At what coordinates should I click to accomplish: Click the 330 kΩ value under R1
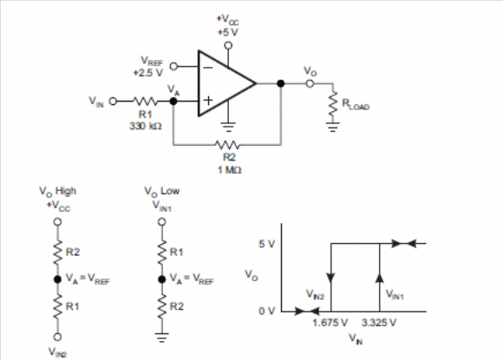click(146, 126)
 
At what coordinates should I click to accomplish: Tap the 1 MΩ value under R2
click(229, 170)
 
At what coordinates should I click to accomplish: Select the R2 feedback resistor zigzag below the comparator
click(227, 145)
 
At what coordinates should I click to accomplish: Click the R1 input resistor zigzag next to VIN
click(146, 101)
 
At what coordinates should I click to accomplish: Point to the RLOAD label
click(356, 104)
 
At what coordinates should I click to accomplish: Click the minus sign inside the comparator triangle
click(208, 68)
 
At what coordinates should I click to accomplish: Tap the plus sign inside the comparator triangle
click(208, 101)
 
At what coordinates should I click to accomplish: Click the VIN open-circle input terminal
click(113, 101)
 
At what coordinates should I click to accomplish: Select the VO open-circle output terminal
click(310, 84)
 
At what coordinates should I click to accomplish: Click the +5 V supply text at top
click(227, 32)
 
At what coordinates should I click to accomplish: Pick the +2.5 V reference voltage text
click(148, 73)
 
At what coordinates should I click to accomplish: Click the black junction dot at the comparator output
click(281, 84)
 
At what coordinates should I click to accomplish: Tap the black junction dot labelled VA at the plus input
click(173, 101)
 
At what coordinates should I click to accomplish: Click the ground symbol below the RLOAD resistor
click(333, 127)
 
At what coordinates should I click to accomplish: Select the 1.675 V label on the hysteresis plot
click(330, 323)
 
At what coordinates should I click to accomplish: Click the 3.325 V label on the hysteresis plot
click(379, 323)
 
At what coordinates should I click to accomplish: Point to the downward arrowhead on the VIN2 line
click(330, 278)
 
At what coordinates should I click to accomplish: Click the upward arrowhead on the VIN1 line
click(380, 278)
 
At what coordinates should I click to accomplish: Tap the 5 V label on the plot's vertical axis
click(267, 244)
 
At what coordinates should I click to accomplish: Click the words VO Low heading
click(161, 192)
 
